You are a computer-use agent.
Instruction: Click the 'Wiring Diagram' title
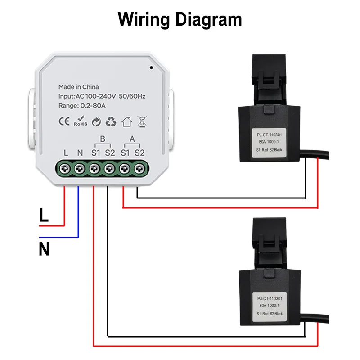tap(180, 20)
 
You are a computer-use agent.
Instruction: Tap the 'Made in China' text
tap(78, 87)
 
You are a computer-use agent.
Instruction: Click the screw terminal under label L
tap(66, 169)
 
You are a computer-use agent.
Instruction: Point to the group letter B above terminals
tap(103, 139)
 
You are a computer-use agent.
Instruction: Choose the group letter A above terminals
tap(132, 139)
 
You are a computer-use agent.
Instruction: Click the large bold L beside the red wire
tap(44, 216)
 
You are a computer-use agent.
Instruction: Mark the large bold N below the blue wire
tap(44, 249)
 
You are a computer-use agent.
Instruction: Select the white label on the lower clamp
tap(270, 306)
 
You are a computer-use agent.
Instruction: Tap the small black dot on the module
tap(151, 69)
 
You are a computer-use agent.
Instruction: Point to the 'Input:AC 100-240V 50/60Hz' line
tap(102, 96)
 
